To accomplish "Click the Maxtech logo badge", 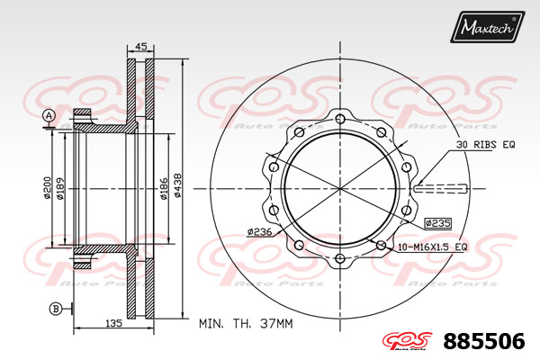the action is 487,27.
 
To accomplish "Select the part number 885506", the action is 484,341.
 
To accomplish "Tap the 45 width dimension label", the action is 140,46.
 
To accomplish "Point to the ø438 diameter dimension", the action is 177,185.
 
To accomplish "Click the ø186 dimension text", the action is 164,189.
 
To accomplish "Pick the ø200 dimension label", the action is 48,188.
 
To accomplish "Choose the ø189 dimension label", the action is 60,188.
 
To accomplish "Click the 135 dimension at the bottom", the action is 113,323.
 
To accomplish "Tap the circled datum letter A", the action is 49,116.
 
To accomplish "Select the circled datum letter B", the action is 56,309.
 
